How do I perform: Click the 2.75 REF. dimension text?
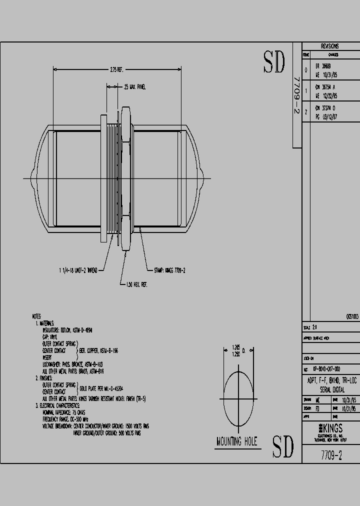pyautogui.click(x=116, y=70)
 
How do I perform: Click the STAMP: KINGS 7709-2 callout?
pyautogui.click(x=169, y=270)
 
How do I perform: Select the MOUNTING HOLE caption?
pyautogui.click(x=236, y=441)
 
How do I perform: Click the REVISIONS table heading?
pyautogui.click(x=330, y=45)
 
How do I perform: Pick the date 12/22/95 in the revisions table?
pyautogui.click(x=327, y=94)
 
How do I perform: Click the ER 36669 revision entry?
pyautogui.click(x=322, y=65)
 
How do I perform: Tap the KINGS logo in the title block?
pyautogui.click(x=330, y=428)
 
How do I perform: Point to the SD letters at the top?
pyautogui.click(x=274, y=62)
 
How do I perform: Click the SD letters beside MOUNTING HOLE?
pyautogui.click(x=282, y=446)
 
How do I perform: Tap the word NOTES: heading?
pyautogui.click(x=36, y=316)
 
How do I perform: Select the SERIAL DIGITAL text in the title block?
pyautogui.click(x=330, y=389)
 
